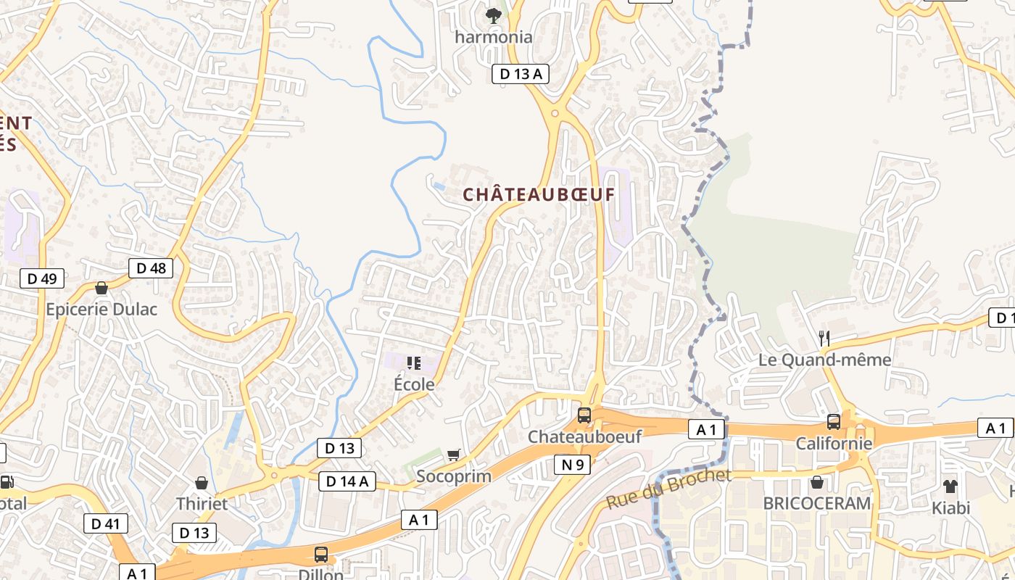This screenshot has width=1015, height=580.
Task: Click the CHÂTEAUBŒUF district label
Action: (539, 194)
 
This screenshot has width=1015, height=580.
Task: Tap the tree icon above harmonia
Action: (494, 15)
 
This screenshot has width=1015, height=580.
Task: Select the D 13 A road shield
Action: (520, 73)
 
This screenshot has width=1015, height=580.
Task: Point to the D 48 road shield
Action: (151, 268)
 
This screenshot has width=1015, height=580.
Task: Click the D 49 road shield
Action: (41, 278)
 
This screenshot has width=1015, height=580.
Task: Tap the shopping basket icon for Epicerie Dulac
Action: (101, 288)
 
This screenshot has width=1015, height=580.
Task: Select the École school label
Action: (414, 384)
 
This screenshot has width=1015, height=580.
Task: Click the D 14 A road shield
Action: (347, 481)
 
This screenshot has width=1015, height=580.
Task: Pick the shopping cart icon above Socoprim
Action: (454, 455)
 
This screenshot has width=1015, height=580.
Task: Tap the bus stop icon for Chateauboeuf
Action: (584, 415)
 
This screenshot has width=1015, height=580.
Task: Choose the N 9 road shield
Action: (573, 465)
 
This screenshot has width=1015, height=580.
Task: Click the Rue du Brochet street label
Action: (668, 489)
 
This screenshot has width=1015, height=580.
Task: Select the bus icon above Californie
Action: (834, 421)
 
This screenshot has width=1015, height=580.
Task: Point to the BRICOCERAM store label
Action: (817, 503)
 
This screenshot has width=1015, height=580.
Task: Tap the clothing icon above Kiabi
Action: (950, 486)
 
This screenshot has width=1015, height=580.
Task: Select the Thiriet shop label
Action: (202, 503)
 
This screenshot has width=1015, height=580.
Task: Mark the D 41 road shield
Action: (106, 523)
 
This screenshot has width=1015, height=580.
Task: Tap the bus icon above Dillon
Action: (321, 555)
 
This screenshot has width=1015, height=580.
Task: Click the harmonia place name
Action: (494, 37)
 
